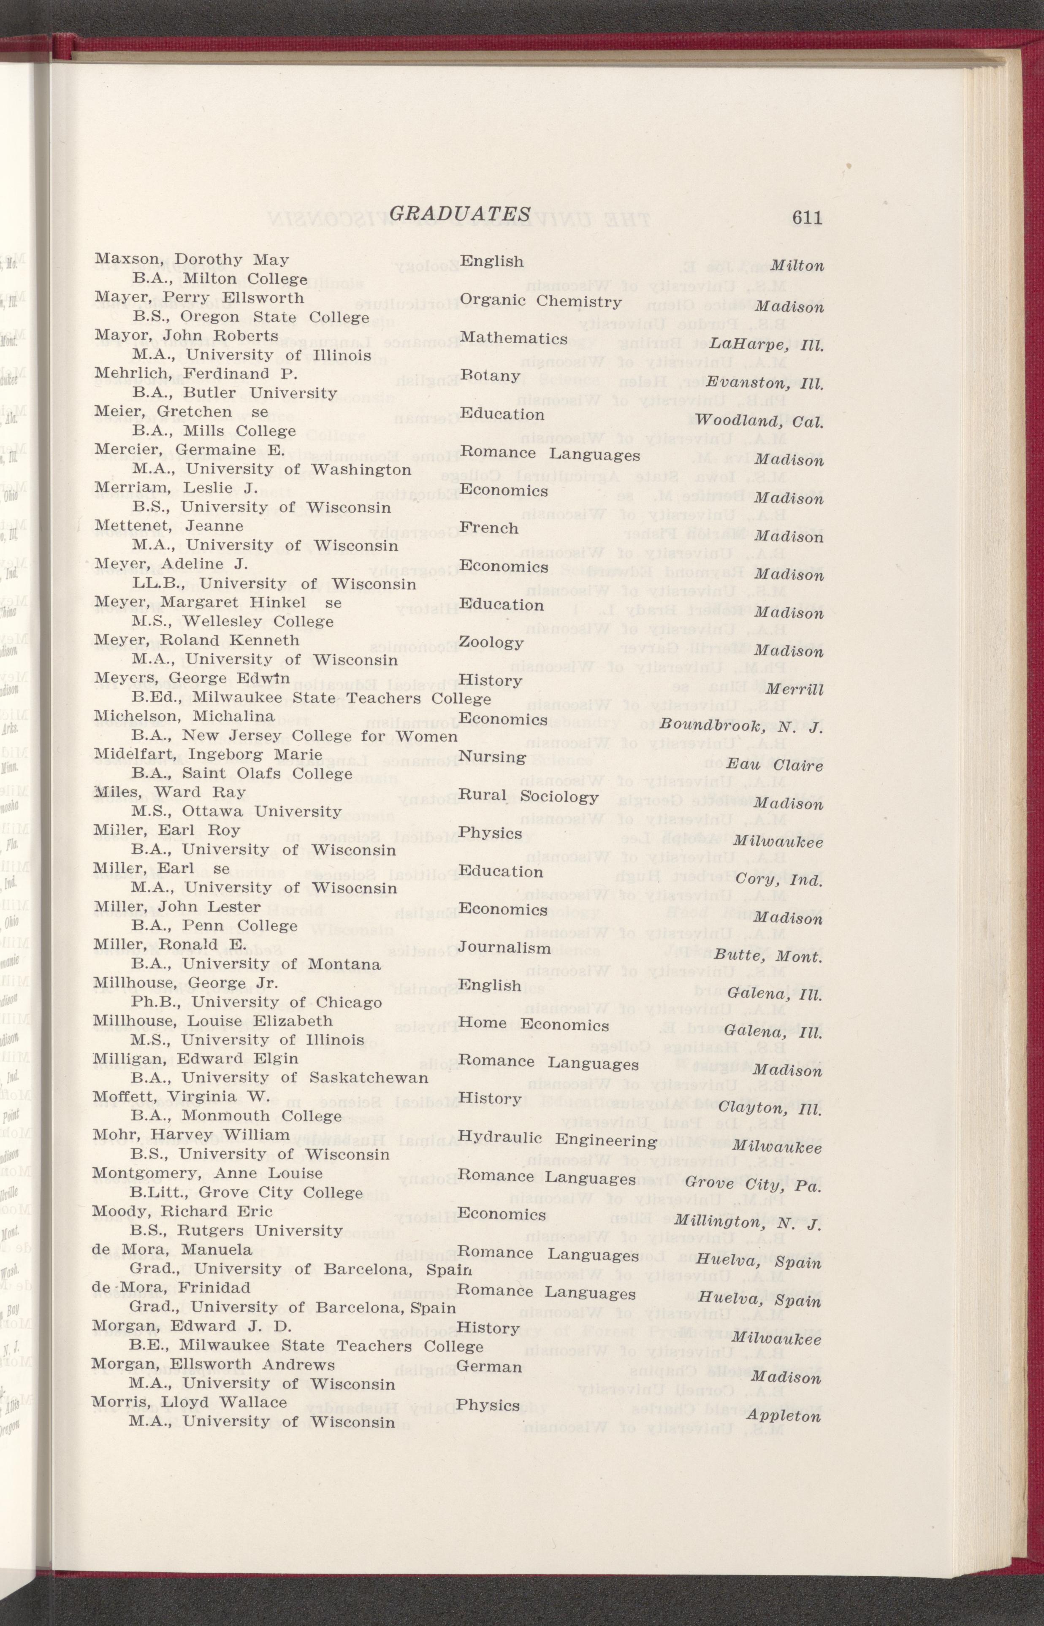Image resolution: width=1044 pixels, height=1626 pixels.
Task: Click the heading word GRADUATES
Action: tap(460, 214)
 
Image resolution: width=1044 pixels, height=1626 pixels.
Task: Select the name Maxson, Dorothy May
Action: tap(192, 260)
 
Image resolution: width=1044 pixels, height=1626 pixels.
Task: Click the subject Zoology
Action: tap(491, 642)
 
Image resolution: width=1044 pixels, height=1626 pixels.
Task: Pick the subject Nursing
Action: tap(492, 757)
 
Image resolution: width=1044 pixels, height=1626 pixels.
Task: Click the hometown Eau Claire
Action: tap(775, 766)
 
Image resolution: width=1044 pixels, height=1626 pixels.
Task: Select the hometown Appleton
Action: tap(784, 1415)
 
